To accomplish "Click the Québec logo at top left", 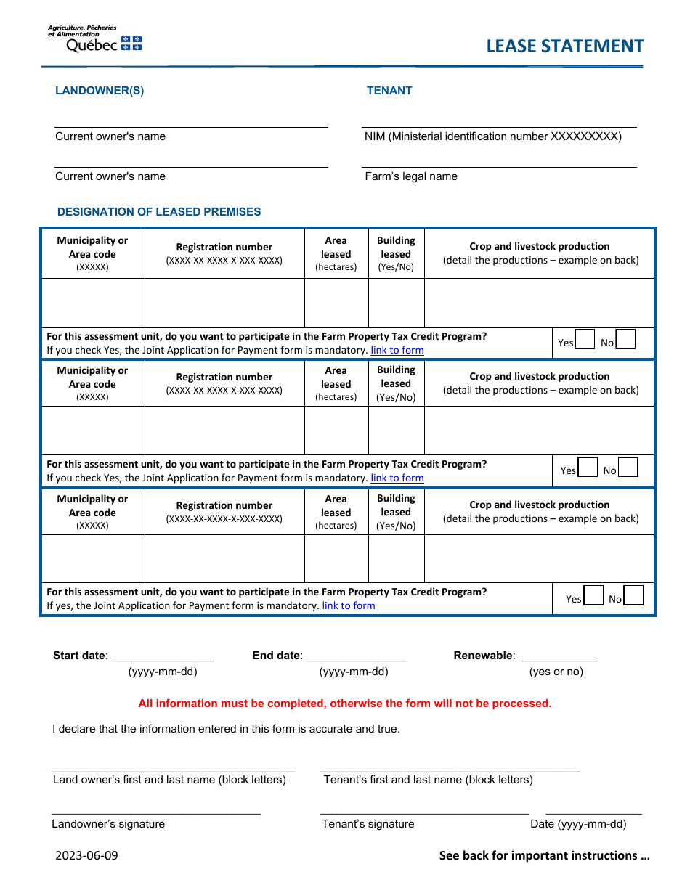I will pos(94,39).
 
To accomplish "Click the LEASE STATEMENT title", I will pos(564,46).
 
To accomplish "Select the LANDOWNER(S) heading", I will pos(100,91).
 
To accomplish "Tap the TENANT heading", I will pos(389,91).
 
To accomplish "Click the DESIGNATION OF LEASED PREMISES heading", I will pos(159,212).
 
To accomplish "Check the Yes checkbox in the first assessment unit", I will pos(585,340).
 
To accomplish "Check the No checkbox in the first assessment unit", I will pos(625,340).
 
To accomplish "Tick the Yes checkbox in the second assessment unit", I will pos(588,468).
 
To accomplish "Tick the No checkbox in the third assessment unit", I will pos(633,596).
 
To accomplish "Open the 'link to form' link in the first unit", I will pos(397,350).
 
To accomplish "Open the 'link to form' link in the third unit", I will pos(349,605).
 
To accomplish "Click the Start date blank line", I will pos(164,656).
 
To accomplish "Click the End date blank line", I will pos(356,656).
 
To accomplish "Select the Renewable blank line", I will pos(559,656).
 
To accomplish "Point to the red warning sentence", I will pos(345,704).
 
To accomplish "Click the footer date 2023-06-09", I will pos(86,855).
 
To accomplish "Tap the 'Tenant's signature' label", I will pos(368,824).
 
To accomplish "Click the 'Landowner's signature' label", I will pos(108,824).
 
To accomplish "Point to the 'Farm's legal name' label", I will pos(411,176).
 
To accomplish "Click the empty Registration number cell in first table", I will pos(224,303).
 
